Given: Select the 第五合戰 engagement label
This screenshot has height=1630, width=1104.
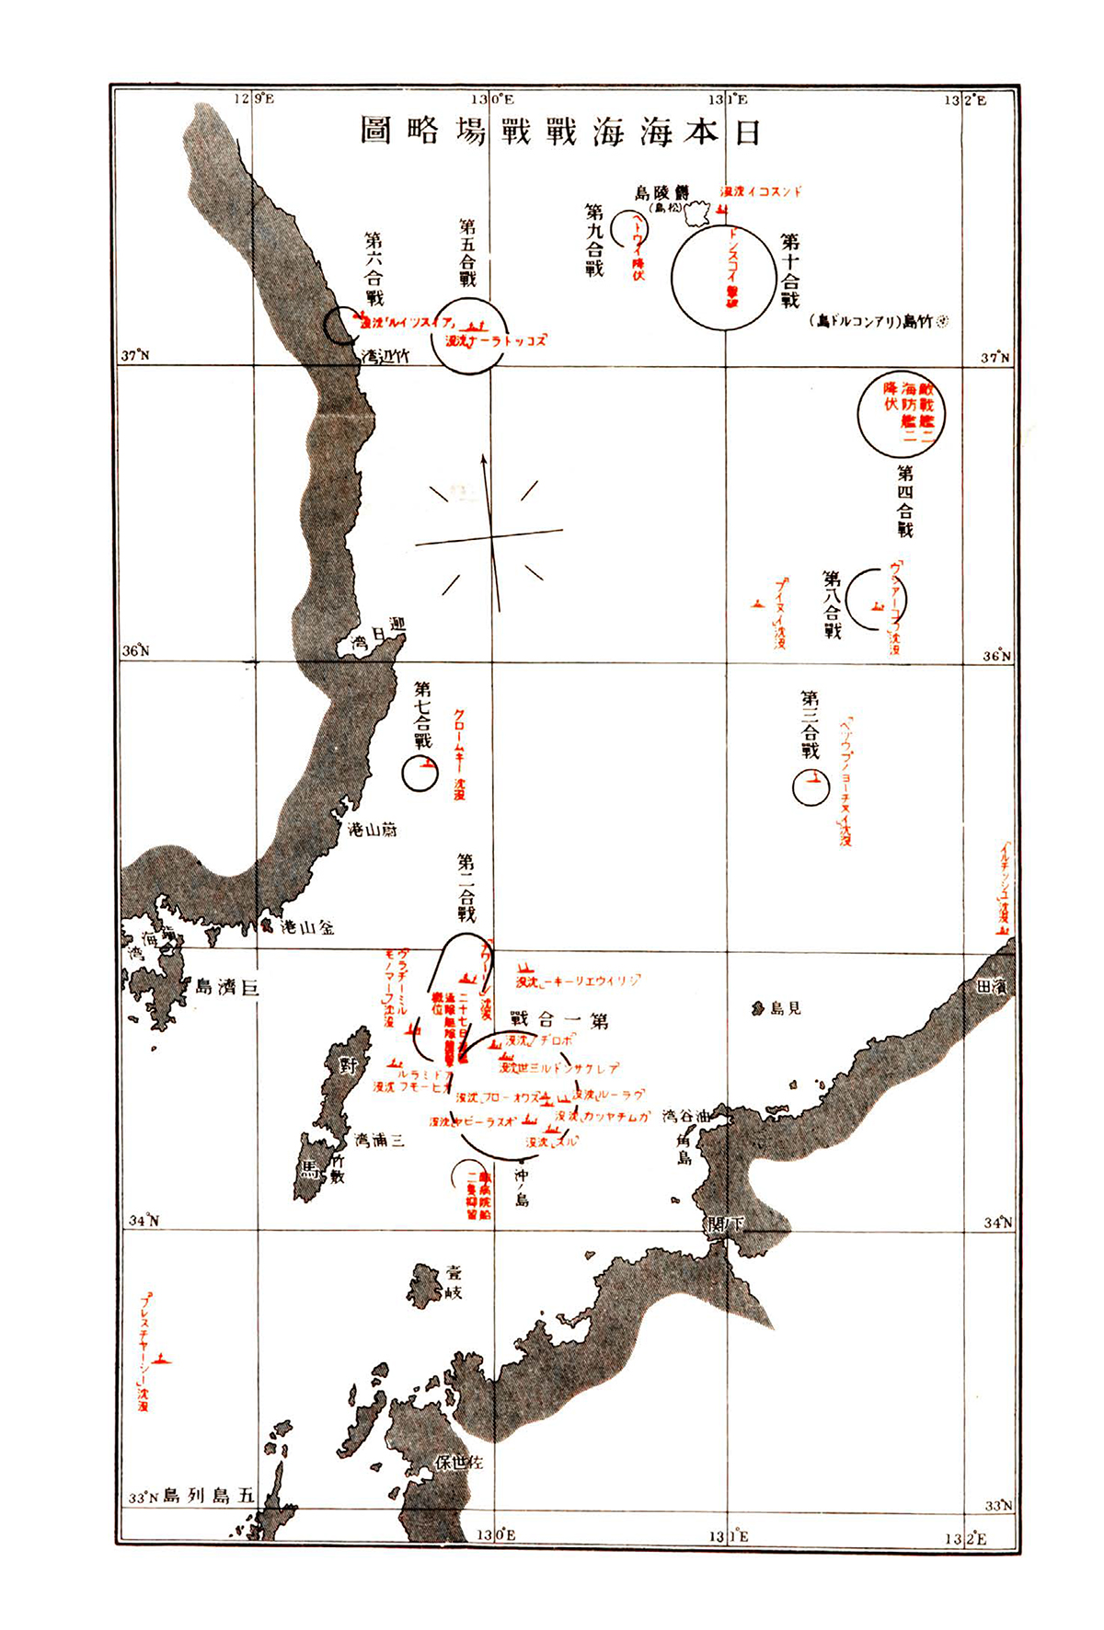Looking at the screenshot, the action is point(467,253).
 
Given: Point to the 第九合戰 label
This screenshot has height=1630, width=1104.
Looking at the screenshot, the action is point(594,240).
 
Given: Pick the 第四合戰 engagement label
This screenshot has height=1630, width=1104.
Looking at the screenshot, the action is point(905,501).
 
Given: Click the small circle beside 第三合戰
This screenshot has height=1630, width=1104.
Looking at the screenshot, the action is point(811,786).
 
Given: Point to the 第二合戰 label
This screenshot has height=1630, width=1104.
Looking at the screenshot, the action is point(466,889).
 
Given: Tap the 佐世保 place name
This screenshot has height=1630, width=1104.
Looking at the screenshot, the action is point(459,1462).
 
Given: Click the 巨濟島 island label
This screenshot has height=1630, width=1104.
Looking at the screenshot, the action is point(226,987).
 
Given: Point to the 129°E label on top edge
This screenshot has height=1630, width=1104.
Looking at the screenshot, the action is point(254,98).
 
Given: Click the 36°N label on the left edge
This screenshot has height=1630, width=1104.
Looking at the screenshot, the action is point(136,651).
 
